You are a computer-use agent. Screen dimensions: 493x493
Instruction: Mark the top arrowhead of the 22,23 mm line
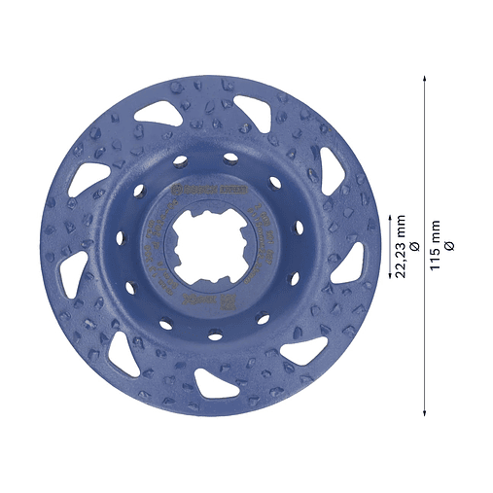(390, 215)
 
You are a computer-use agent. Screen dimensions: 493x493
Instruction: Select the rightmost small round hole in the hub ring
(298, 226)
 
